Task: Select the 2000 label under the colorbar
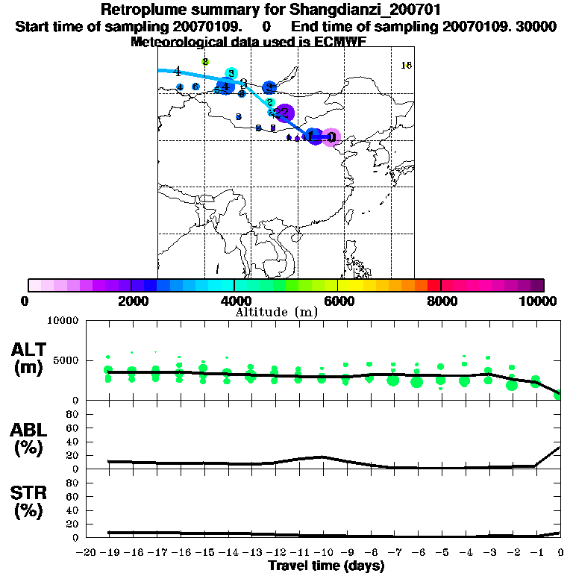(x=131, y=301)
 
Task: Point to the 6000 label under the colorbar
(x=337, y=301)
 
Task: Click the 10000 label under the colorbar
(x=538, y=301)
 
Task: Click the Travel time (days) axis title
(x=325, y=566)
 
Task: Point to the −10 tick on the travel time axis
(x=322, y=552)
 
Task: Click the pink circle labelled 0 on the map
(x=332, y=137)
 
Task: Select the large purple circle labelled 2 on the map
(x=284, y=113)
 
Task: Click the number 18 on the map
(x=407, y=66)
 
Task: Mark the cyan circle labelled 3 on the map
(x=231, y=73)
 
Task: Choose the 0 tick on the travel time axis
(x=560, y=552)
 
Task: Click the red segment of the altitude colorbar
(x=433, y=285)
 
